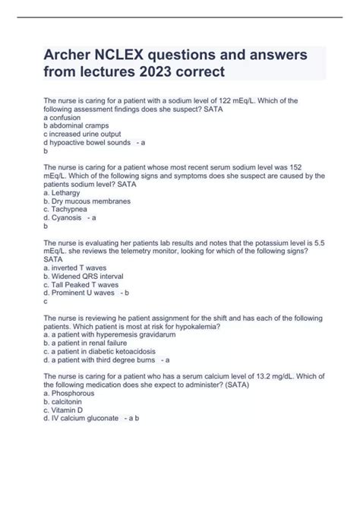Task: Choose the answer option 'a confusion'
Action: pyautogui.click(x=68, y=117)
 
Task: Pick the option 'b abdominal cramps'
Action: pyautogui.click(x=77, y=125)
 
